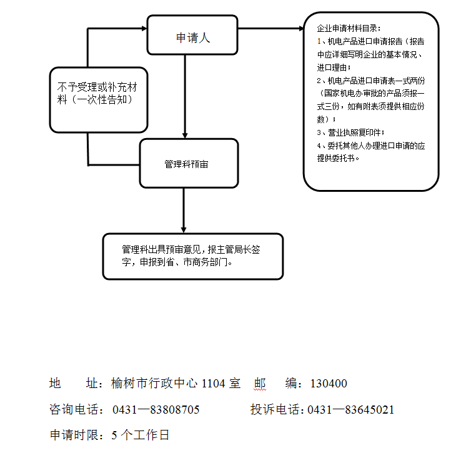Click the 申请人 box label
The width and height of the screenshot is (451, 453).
pos(192,37)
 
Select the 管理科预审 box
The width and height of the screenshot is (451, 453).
pos(189,164)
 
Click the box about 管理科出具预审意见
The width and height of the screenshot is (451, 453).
pos(192,256)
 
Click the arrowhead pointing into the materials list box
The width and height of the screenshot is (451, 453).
pos(299,28)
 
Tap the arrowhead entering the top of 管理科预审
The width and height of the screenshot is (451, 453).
pos(184,134)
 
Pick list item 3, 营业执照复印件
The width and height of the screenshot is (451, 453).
pos(353,132)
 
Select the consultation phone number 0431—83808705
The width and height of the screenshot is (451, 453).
pos(156,410)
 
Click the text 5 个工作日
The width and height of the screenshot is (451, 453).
pos(141,435)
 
